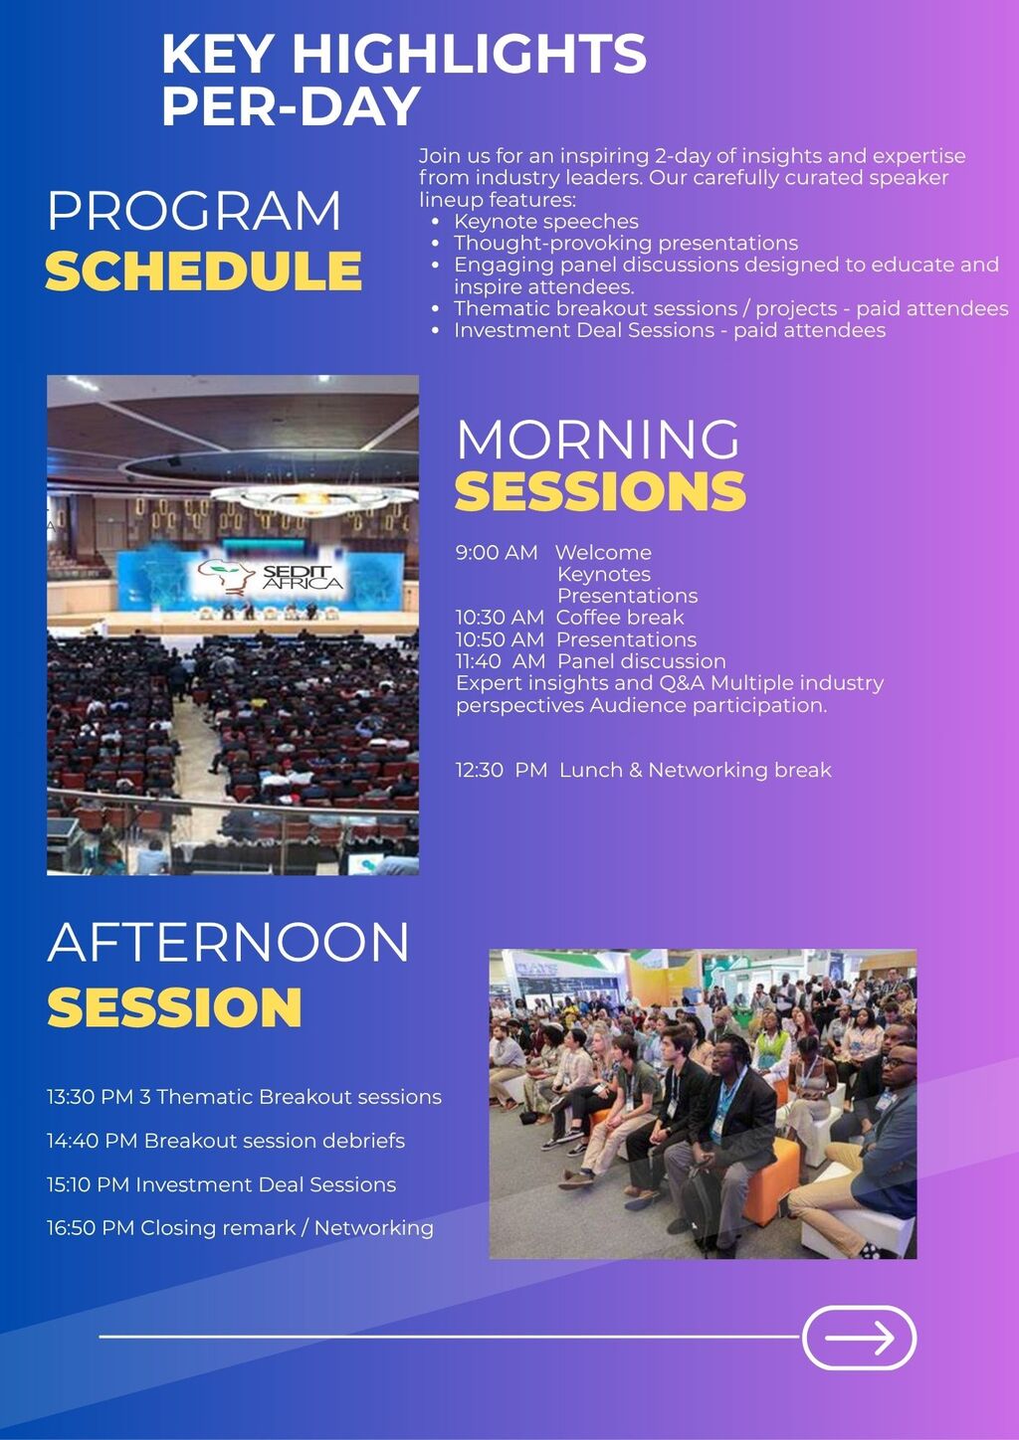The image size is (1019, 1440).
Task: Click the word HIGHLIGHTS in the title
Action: click(x=469, y=54)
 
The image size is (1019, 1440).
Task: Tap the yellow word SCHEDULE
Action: click(x=203, y=270)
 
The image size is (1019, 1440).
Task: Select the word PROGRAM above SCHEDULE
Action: click(x=194, y=211)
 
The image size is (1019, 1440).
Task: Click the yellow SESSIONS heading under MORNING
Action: click(x=600, y=490)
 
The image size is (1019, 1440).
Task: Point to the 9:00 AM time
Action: click(x=496, y=552)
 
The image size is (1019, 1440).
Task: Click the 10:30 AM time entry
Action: click(x=500, y=618)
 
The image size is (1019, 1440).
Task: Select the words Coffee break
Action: click(x=620, y=618)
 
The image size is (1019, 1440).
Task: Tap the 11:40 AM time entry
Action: click(x=500, y=661)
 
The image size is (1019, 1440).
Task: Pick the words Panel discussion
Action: click(x=642, y=661)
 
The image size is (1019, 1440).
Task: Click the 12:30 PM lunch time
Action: click(x=502, y=770)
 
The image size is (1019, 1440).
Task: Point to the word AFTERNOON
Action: click(x=228, y=943)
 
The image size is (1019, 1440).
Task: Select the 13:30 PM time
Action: click(x=90, y=1096)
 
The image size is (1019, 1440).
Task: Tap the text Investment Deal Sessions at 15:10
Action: click(x=266, y=1184)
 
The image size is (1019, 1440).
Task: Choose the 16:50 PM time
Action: click(x=91, y=1227)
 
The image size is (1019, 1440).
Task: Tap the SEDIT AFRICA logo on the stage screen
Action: click(x=271, y=576)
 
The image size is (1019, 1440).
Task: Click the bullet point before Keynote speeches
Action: click(x=436, y=222)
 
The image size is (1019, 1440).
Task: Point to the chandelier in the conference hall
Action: click(x=313, y=498)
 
